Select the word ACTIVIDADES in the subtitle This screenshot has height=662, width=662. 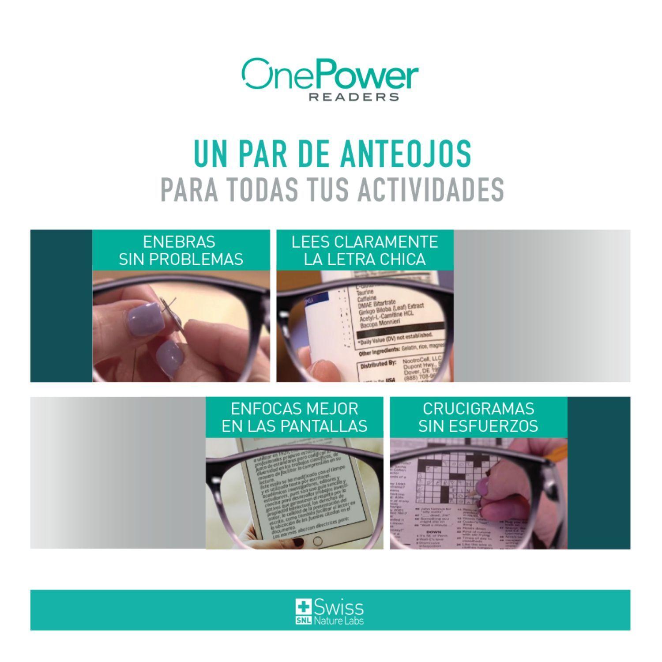[x=430, y=189]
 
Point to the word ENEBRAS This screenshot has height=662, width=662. [x=179, y=242]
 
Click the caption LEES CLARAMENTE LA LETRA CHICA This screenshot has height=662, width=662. [x=365, y=250]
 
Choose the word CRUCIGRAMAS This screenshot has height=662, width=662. [x=478, y=409]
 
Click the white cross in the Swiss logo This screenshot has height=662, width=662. [x=304, y=607]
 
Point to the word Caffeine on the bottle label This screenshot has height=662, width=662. [x=367, y=299]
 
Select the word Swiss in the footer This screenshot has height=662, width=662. [x=339, y=608]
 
